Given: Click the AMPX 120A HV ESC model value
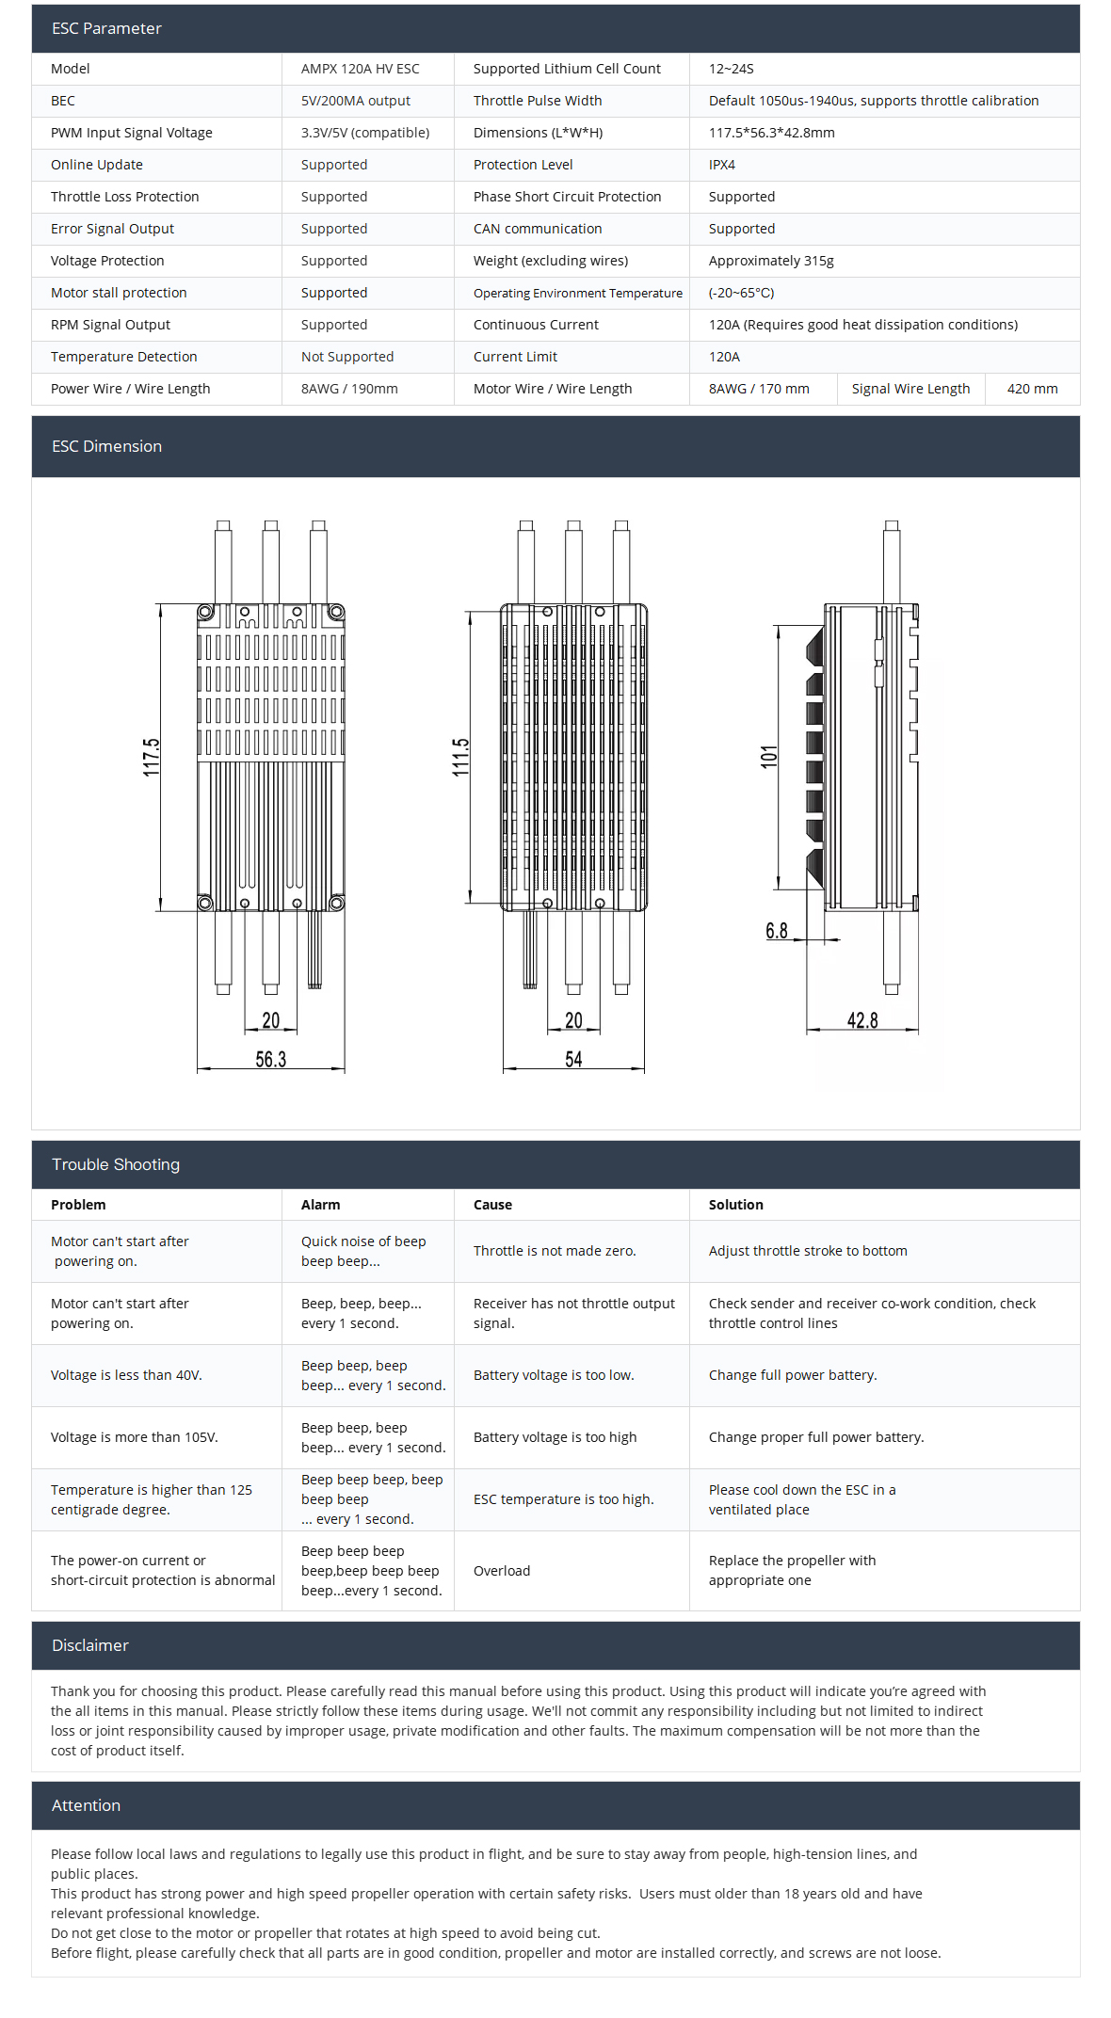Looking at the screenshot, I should pyautogui.click(x=360, y=69).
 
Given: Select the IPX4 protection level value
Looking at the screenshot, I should pyautogui.click(x=721, y=165).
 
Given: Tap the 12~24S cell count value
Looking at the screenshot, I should pyautogui.click(x=731, y=69).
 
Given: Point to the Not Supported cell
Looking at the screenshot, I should pyautogui.click(x=346, y=357).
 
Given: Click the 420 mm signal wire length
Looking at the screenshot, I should pyautogui.click(x=1032, y=389).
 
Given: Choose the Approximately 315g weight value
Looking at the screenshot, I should pyautogui.click(x=770, y=261).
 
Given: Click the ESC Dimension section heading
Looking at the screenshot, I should pyautogui.click(x=106, y=446).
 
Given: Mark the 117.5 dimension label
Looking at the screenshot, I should pyautogui.click(x=152, y=758).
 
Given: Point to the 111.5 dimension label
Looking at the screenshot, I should pyautogui.click(x=460, y=758).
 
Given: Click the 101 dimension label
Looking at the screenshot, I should pyautogui.click(x=769, y=757).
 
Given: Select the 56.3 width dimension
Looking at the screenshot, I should pyautogui.click(x=270, y=1060).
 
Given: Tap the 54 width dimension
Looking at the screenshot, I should pyautogui.click(x=573, y=1060).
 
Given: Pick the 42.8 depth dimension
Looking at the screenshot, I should pyautogui.click(x=861, y=1021).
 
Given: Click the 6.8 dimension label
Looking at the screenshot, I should pyautogui.click(x=776, y=931).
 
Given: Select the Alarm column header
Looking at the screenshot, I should pyautogui.click(x=320, y=1205).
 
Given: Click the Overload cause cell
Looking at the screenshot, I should pyautogui.click(x=501, y=1571).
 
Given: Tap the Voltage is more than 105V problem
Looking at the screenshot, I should pyautogui.click(x=134, y=1437).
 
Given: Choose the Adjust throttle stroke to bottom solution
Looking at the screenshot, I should pyautogui.click(x=807, y=1251).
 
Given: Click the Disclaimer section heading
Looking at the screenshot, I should pyautogui.click(x=89, y=1645).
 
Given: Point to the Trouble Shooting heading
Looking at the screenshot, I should pyautogui.click(x=115, y=1164).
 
